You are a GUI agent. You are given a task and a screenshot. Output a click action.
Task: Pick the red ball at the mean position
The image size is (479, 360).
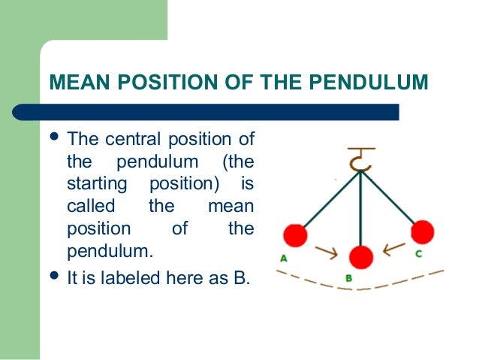coord(362,257)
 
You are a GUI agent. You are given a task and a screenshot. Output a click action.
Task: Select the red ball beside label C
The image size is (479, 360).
coord(422,231)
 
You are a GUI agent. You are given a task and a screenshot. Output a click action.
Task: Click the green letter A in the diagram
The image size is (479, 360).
coord(284,259)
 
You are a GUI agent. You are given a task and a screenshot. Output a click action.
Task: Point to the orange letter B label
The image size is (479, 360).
coord(348,279)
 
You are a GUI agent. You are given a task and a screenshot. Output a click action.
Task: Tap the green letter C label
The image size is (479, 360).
coord(418,254)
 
